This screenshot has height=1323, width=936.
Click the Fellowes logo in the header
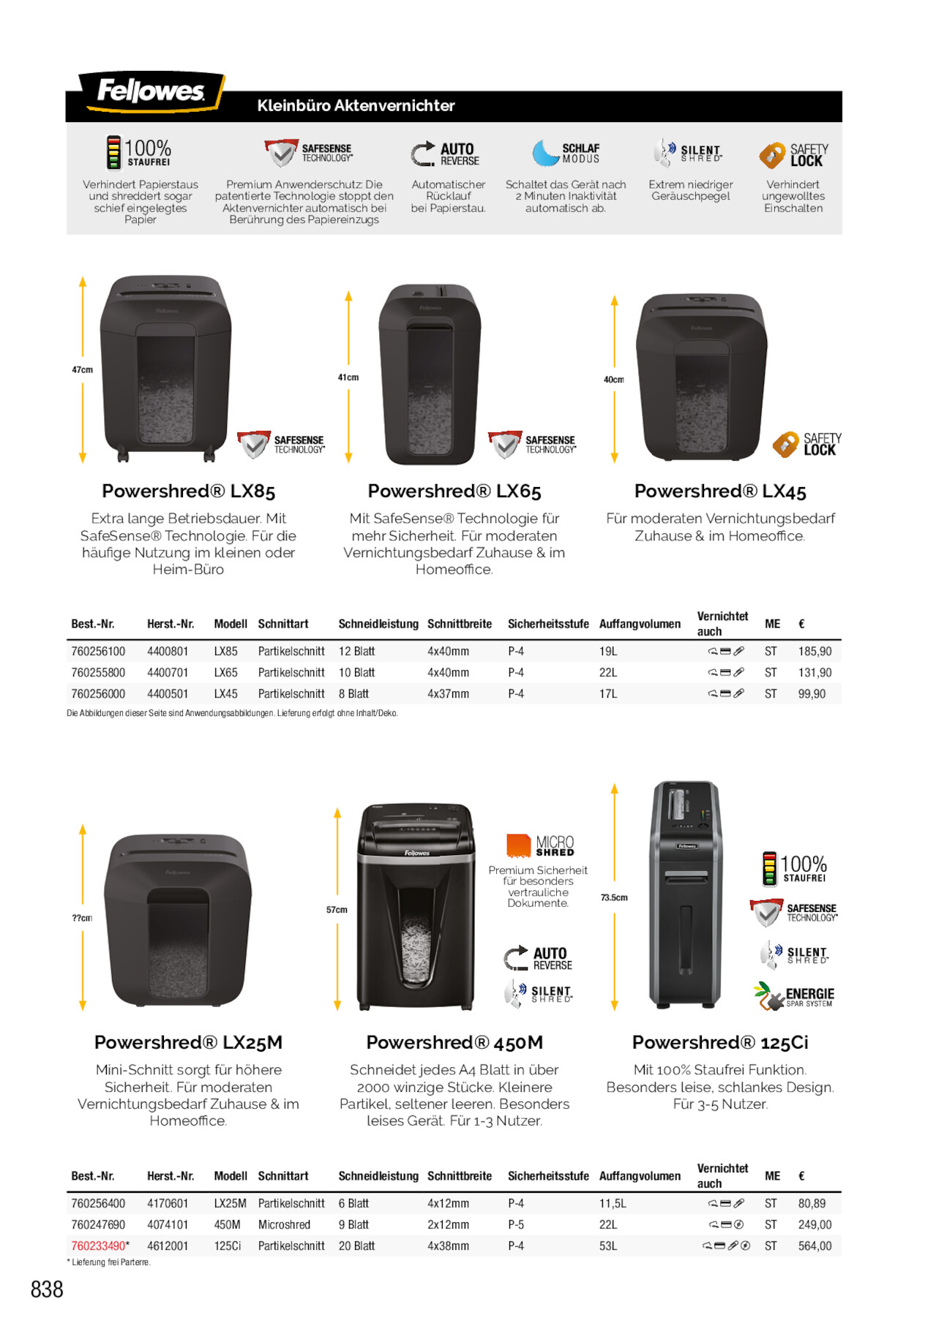click(150, 91)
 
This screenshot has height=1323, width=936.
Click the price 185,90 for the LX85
click(815, 651)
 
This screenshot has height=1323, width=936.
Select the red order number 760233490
click(98, 1245)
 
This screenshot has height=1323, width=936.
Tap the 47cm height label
click(82, 370)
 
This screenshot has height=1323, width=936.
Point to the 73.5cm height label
click(614, 897)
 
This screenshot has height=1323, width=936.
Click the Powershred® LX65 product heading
click(454, 491)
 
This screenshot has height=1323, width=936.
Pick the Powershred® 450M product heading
click(454, 1042)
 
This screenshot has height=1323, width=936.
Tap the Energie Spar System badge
click(794, 995)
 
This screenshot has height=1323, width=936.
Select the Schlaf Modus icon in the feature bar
click(566, 153)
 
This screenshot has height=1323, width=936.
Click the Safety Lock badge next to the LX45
click(807, 444)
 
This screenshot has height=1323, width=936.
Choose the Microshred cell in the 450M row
click(284, 1224)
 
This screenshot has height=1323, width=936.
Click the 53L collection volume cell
click(608, 1245)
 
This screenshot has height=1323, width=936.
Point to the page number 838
click(47, 1289)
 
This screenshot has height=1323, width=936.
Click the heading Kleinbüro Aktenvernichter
click(356, 106)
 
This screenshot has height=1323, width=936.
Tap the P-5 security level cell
click(516, 1224)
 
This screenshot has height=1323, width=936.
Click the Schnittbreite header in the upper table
click(459, 624)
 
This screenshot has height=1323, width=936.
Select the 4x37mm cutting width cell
click(448, 693)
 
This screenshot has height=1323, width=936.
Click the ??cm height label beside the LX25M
click(82, 918)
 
